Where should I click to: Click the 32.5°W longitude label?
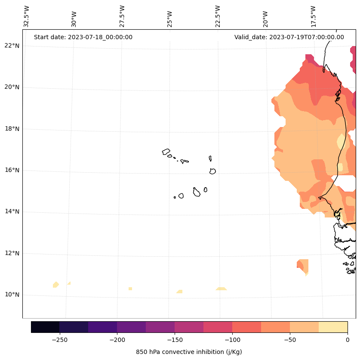tap(27, 17)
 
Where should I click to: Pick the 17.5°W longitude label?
tap(313, 17)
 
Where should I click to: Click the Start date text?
tap(83, 37)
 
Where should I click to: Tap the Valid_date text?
tap(289, 37)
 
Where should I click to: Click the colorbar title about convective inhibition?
tap(189, 352)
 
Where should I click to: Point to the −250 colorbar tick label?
tap(59, 340)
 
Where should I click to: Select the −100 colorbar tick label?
tap(232, 340)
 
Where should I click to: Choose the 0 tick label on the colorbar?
tap(348, 340)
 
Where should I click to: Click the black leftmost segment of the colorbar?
tap(45, 327)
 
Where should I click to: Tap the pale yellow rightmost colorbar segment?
tap(333, 327)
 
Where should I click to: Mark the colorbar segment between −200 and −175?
tap(131, 327)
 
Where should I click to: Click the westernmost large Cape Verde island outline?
tap(166, 152)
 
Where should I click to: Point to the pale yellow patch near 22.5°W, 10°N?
tap(221, 289)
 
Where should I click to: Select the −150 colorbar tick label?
tap(175, 340)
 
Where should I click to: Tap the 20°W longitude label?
tap(265, 17)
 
